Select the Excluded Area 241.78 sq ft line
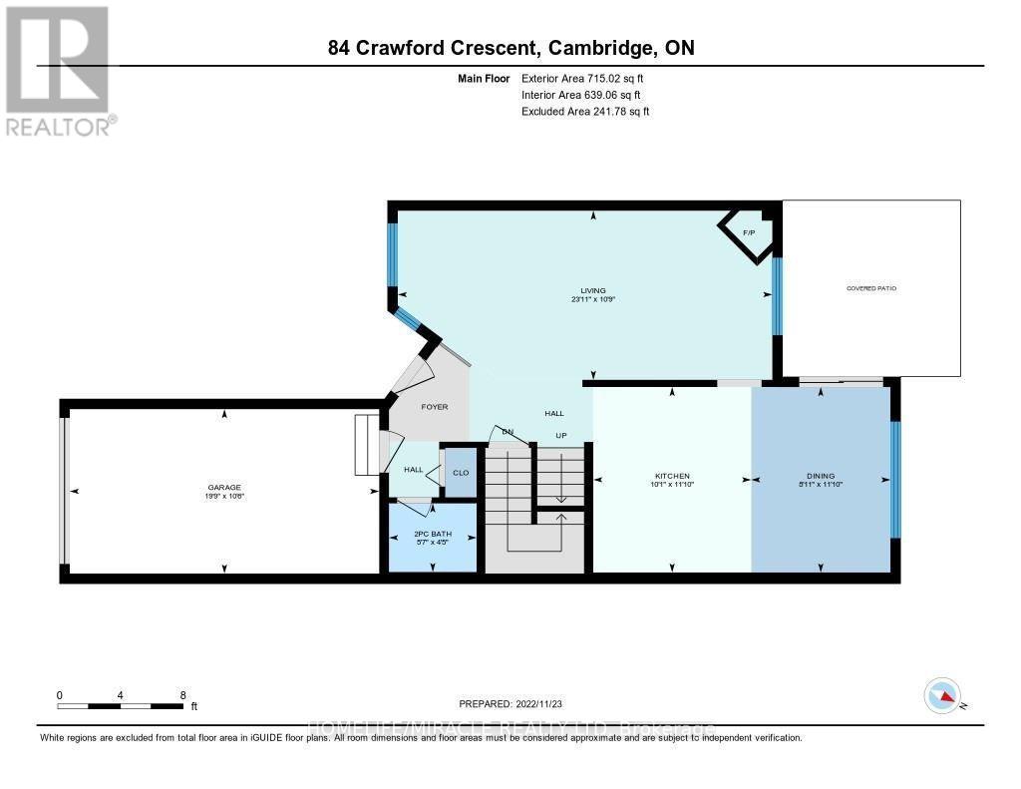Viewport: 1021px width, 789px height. [x=585, y=112]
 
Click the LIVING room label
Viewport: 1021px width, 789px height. [x=594, y=290]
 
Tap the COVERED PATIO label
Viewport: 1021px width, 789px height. [x=871, y=287]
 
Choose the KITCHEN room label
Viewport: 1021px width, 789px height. [x=672, y=476]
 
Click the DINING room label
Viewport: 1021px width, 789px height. [x=821, y=476]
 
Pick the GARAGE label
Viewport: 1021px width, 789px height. [x=224, y=486]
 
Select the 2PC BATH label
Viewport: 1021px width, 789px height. [x=432, y=534]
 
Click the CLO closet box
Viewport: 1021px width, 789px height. [x=461, y=473]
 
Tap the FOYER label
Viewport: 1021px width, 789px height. [x=434, y=407]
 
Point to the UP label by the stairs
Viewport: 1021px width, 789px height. [x=561, y=436]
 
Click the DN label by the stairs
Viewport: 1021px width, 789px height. [x=507, y=432]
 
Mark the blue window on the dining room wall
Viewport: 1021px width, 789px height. [x=894, y=479]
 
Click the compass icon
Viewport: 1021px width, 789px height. [x=942, y=695]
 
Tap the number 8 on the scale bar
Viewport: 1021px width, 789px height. [x=182, y=694]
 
